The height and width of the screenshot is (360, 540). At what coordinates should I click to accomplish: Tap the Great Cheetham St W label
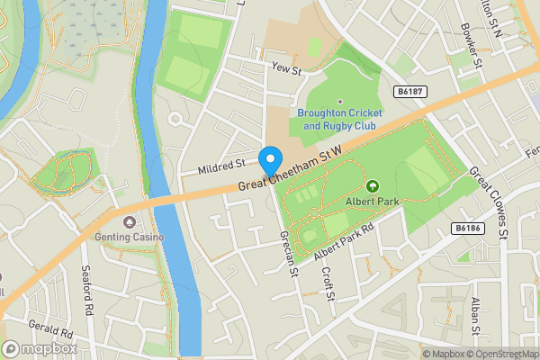pos(292,168)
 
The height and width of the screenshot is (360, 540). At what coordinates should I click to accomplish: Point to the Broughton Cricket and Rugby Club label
pos(339,120)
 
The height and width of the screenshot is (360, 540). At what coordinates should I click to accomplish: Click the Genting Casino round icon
pos(130,222)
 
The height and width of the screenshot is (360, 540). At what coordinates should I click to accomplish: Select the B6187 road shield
pos(410,91)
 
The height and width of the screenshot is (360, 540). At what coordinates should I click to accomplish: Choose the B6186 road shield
pos(467,229)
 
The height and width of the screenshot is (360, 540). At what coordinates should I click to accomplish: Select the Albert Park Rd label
pos(345,242)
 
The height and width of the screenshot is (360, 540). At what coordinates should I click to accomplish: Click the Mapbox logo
pos(40,348)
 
